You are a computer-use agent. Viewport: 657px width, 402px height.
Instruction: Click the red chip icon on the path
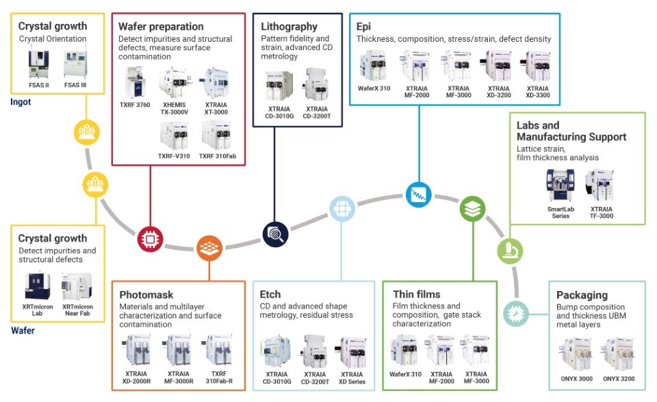[149, 238]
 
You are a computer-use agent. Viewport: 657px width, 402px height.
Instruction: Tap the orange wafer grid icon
[209, 248]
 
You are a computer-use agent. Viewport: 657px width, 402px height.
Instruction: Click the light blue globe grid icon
[342, 209]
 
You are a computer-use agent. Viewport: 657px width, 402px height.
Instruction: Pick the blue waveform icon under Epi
[417, 194]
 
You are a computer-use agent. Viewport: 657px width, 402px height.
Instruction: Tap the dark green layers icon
[472, 208]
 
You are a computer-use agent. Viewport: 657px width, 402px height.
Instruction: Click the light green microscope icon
[509, 251]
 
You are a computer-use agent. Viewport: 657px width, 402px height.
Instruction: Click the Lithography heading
[289, 27]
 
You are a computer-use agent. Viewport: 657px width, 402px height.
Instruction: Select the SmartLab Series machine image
[561, 189]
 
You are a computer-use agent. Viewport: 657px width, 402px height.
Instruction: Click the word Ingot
[21, 102]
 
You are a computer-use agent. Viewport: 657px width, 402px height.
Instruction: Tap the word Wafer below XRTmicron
[23, 330]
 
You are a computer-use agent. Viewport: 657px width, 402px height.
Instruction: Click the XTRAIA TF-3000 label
[602, 212]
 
